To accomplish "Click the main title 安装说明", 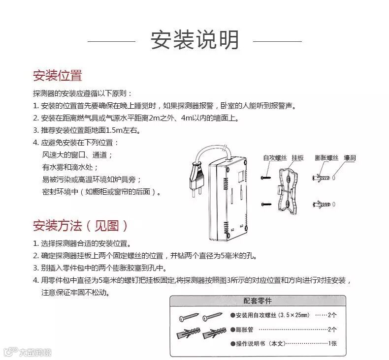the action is click(195, 40).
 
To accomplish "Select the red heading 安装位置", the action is click(58, 76).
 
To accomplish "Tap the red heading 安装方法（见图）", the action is click(81, 225).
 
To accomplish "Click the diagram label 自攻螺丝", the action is click(275, 158).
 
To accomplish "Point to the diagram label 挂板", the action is click(297, 158).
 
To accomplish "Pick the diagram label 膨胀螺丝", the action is click(326, 158).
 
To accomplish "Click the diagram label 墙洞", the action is click(350, 158).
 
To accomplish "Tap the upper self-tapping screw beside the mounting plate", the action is click(266, 178).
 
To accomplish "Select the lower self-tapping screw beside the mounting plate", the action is click(266, 205).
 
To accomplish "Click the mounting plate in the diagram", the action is click(287, 190).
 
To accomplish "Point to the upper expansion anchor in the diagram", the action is click(321, 178).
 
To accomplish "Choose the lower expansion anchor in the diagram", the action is click(322, 205).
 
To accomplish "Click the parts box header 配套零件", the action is click(258, 301).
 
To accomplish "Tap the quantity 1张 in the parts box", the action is click(332, 343).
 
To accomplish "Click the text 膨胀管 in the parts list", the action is click(244, 330).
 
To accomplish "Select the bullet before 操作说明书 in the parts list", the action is click(233, 344).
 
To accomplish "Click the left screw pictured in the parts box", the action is click(189, 316).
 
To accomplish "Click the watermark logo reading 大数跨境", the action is click(28, 351).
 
